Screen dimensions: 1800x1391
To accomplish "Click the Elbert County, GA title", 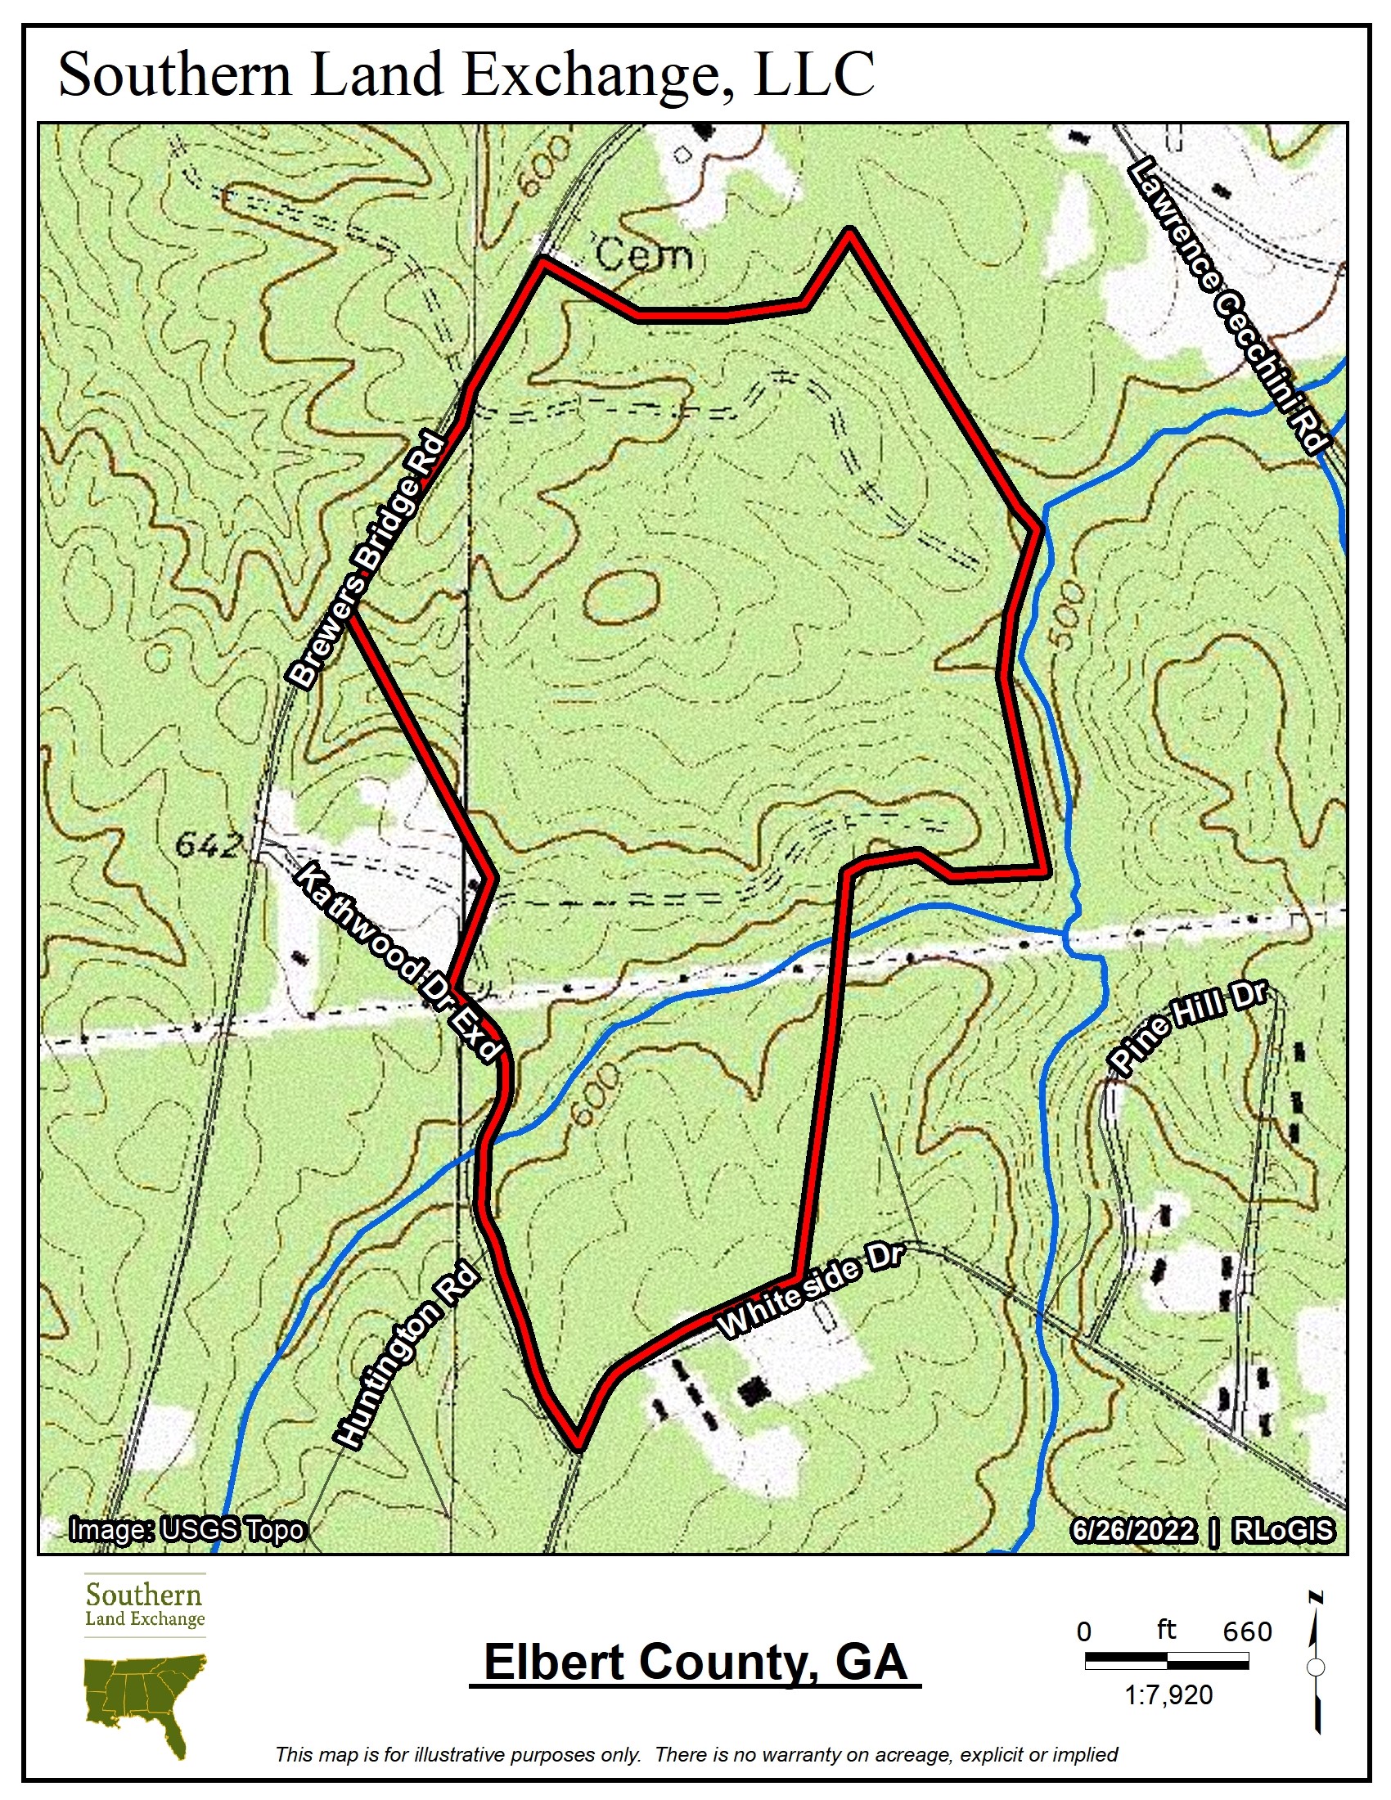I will (695, 1661).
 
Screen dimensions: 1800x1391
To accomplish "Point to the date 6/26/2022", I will (1132, 1531).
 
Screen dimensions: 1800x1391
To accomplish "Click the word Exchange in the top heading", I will (595, 74).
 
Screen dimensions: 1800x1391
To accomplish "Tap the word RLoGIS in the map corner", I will (1282, 1531).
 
